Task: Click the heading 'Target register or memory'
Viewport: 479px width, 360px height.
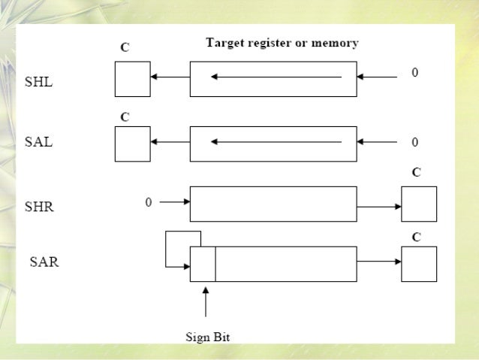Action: pos(282,43)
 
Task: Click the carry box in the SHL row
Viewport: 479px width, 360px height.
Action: pos(132,78)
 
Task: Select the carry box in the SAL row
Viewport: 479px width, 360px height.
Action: pos(132,143)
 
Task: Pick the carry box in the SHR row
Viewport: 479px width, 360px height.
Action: pos(419,204)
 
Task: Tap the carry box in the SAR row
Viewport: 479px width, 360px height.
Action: pos(419,262)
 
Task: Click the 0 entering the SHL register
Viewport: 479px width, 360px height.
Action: pos(414,73)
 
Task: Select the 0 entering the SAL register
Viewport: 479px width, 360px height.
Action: pos(414,141)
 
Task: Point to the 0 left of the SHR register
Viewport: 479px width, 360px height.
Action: pos(148,202)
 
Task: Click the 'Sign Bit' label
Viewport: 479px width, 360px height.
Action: pos(208,337)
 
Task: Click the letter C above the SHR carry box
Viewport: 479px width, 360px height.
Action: pos(417,173)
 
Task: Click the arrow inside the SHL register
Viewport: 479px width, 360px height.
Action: pos(276,77)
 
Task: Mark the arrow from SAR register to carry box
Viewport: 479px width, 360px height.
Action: pos(379,262)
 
